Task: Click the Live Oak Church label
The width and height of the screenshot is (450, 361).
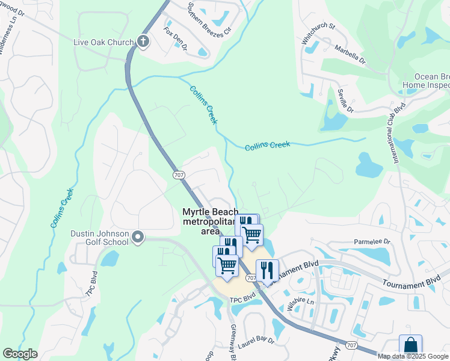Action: [x=103, y=42]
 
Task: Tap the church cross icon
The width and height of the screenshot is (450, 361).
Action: [x=143, y=42]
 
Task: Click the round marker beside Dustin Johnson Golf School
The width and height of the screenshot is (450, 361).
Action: [x=138, y=238]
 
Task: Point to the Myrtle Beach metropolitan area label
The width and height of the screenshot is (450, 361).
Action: [x=211, y=221]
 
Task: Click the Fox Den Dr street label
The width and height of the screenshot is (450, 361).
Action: [x=176, y=38]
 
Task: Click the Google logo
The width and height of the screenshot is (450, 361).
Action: [x=20, y=354]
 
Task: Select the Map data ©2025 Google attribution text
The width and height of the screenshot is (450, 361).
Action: [x=413, y=356]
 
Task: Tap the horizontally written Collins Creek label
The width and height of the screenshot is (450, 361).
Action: [x=267, y=146]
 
